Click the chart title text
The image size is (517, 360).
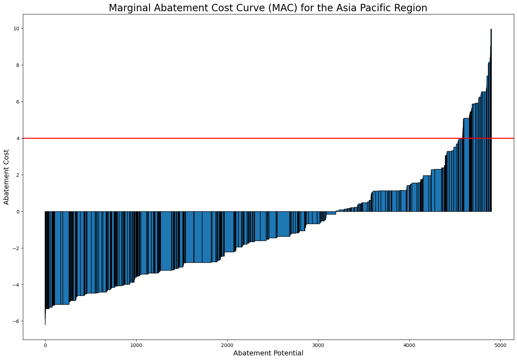point(268,8)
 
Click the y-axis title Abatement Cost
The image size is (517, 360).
point(7,177)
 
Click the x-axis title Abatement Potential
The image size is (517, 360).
point(268,353)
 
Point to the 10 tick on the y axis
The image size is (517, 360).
point(16,29)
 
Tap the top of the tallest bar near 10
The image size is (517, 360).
point(491,30)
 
